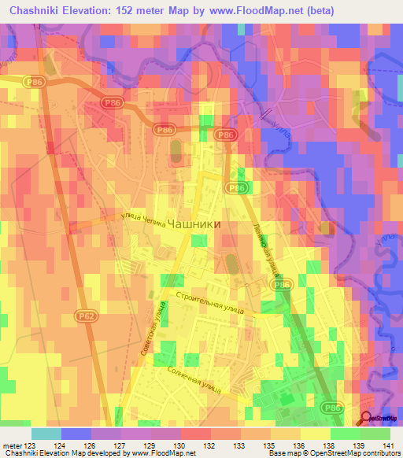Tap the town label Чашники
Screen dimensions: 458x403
click(x=191, y=223)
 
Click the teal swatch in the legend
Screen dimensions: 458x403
click(x=46, y=434)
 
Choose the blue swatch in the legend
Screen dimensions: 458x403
click(x=76, y=434)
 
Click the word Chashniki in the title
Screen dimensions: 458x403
click(x=39, y=11)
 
